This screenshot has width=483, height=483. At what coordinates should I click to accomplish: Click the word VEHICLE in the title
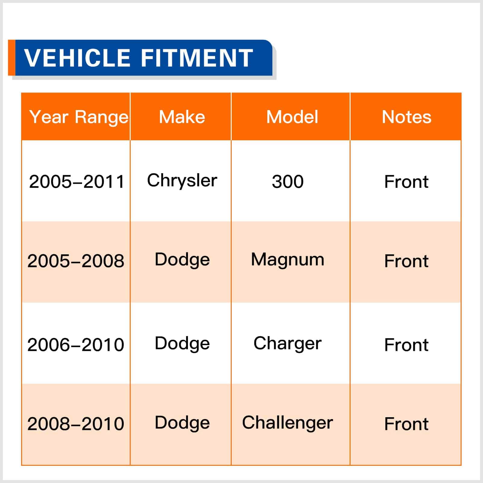(77, 58)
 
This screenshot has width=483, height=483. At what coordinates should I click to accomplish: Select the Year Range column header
(79, 117)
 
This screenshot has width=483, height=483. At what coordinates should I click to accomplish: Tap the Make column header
(182, 117)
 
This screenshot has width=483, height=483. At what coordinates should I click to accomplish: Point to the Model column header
(292, 117)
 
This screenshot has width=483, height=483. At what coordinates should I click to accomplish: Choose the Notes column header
(406, 117)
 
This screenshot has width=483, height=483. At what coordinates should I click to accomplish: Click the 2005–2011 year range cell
(77, 182)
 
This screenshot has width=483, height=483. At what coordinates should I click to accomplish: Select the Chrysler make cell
(182, 181)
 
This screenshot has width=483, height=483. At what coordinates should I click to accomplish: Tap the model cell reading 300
(288, 182)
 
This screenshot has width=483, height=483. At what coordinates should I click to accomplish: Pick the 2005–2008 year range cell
(76, 261)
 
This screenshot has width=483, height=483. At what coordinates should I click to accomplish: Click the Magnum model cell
(288, 260)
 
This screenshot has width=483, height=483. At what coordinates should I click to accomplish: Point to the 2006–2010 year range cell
(76, 345)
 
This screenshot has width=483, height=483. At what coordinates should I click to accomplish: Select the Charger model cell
(288, 344)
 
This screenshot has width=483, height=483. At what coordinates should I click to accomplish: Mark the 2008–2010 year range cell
(76, 424)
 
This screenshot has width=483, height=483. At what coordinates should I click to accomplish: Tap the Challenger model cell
(288, 423)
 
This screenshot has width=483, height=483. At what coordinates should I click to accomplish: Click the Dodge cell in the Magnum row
(182, 260)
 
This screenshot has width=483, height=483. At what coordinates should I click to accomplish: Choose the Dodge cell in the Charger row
(182, 344)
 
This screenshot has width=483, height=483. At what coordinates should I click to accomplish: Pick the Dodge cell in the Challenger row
(182, 423)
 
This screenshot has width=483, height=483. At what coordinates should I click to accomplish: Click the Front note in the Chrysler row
(406, 182)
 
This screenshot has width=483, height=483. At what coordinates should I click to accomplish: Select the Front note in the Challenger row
(406, 424)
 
